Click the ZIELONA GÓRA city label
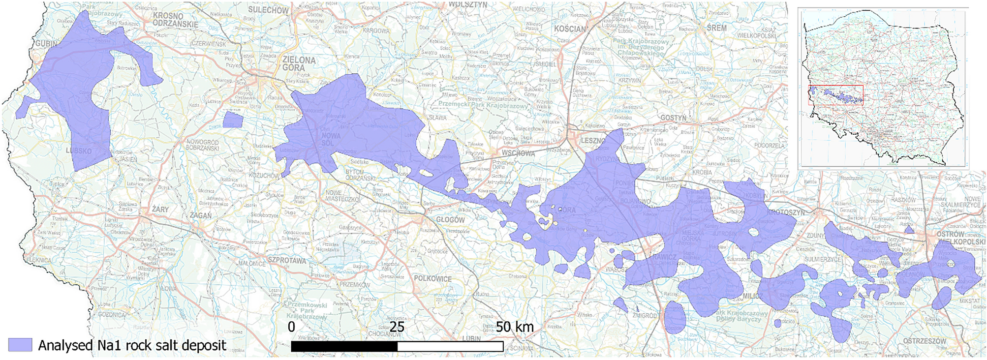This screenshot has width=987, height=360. click(299, 64)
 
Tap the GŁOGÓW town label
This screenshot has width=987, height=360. click(450, 220)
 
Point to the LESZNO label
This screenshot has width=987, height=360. click(593, 141)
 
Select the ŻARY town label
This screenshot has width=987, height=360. click(160, 210)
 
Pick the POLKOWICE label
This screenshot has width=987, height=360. click(432, 278)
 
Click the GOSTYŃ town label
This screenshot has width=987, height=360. click(673, 118)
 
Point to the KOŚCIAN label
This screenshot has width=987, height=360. click(570, 29)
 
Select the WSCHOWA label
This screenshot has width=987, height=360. click(518, 153)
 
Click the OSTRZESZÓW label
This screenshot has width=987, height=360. click(925, 341)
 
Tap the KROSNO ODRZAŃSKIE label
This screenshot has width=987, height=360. click(175, 20)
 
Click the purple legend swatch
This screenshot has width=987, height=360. click(20, 345)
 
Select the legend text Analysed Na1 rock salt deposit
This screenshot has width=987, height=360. click(132, 345)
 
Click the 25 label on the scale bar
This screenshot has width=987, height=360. click(397, 327)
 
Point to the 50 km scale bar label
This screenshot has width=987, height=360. click(514, 327)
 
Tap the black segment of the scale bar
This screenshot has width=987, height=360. click(344, 347)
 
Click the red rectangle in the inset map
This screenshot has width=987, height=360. click(836, 95)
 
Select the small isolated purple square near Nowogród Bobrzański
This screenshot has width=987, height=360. click(233, 120)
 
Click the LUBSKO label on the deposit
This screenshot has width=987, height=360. click(79, 151)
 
